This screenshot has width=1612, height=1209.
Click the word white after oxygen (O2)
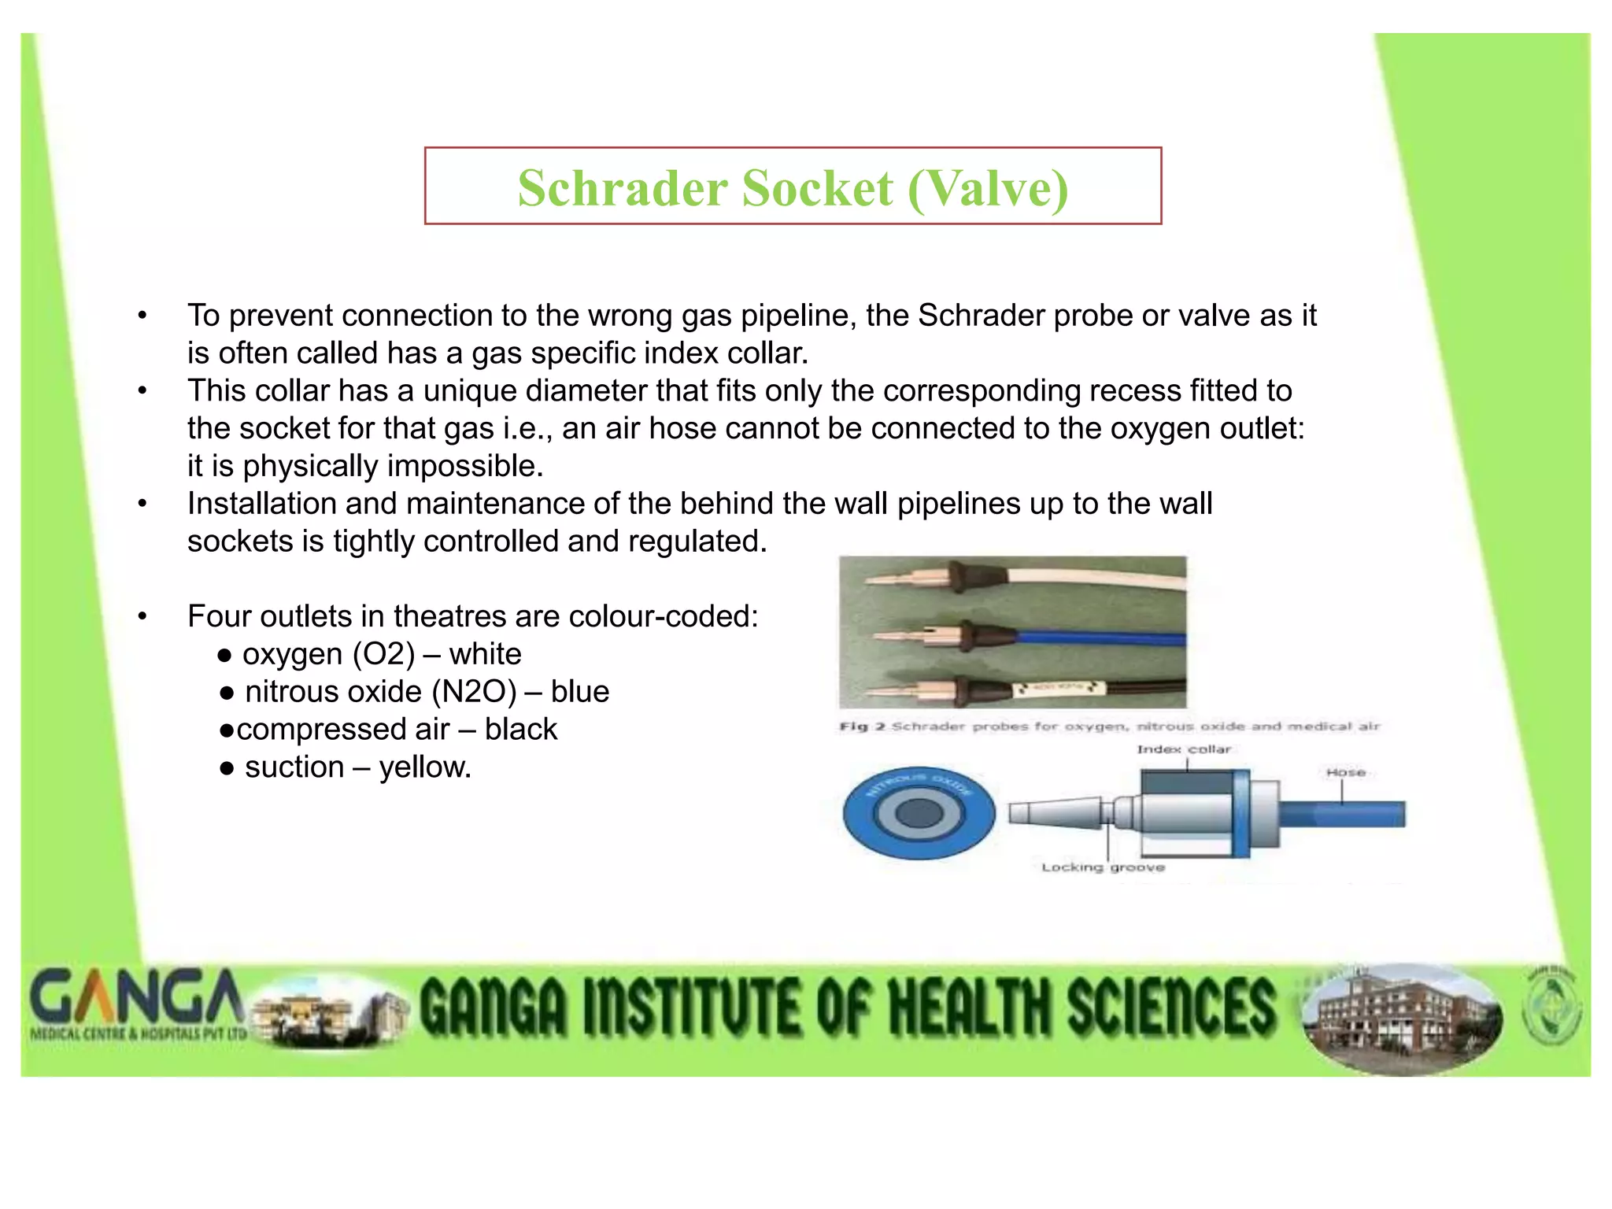click(485, 654)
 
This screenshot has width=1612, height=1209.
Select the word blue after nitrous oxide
click(580, 692)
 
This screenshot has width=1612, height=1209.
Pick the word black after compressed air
click(520, 730)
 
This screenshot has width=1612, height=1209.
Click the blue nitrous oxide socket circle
click(919, 813)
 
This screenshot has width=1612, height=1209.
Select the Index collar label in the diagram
click(1183, 749)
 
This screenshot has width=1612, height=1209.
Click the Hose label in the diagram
click(1345, 773)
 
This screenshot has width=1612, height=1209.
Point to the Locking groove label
click(1103, 867)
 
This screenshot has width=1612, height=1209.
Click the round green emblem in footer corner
click(1551, 1011)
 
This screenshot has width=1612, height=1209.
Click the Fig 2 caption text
click(1108, 727)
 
